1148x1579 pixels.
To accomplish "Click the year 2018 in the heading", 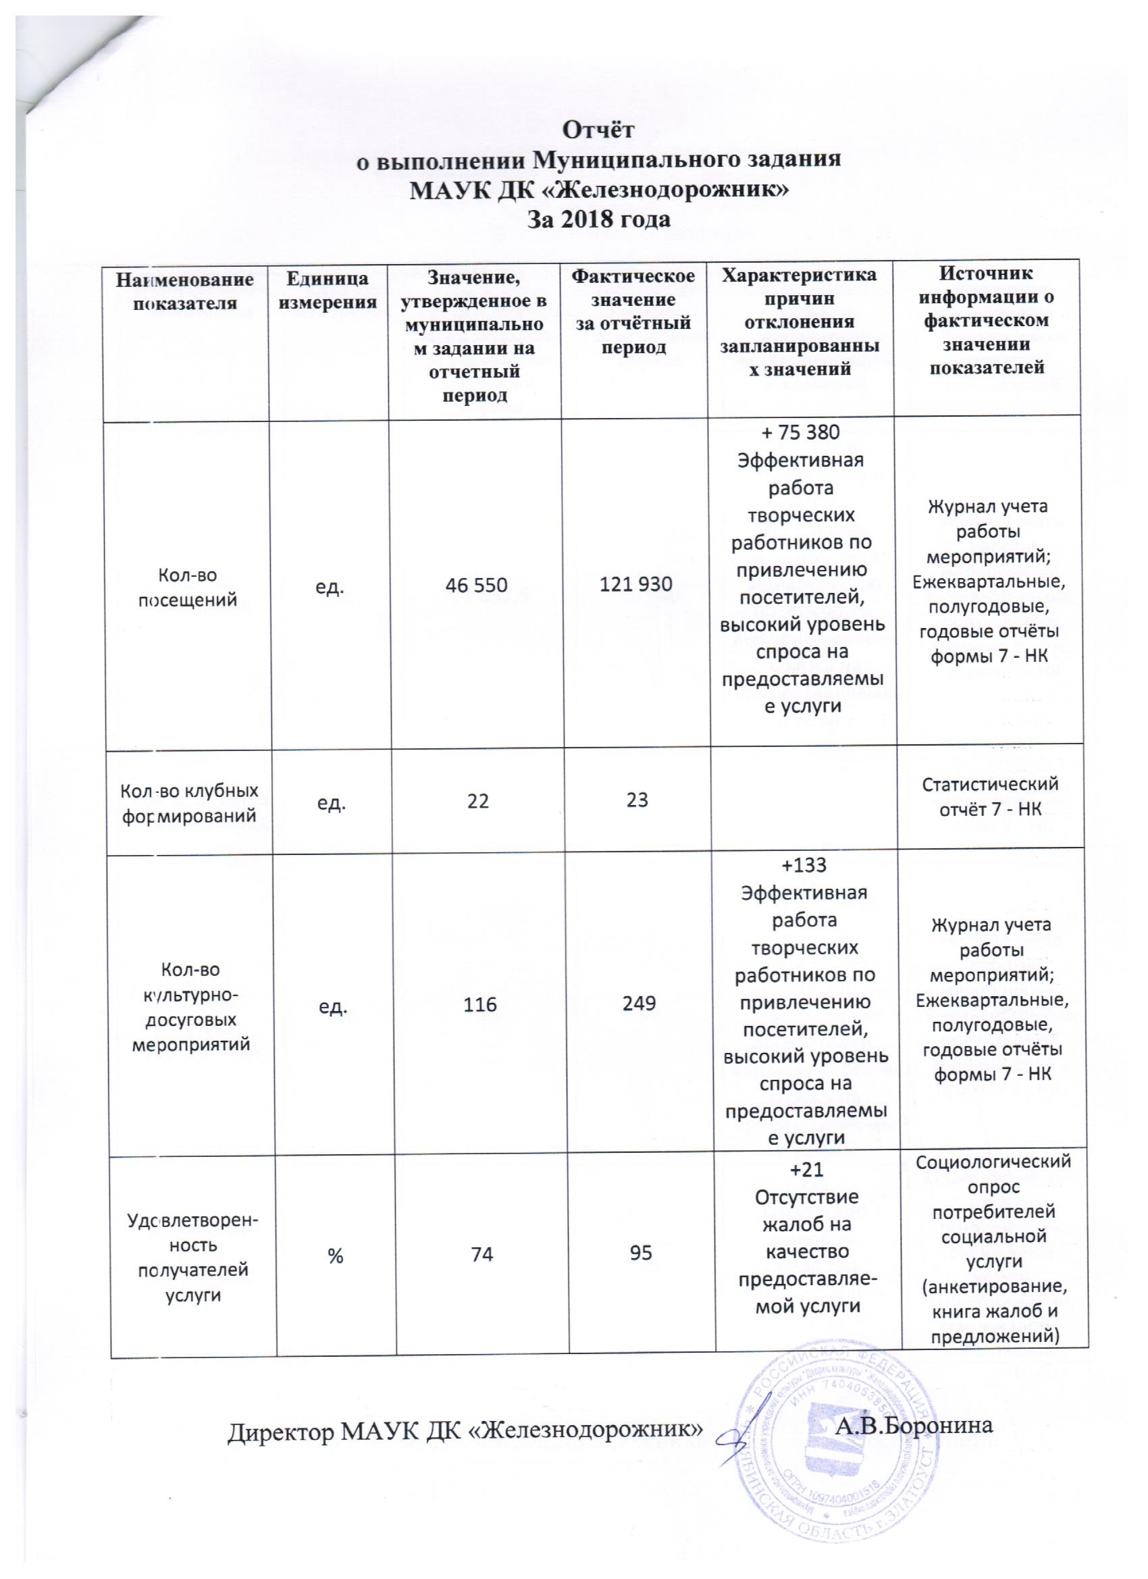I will click(604, 220).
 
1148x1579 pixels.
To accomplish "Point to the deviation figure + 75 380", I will click(802, 432).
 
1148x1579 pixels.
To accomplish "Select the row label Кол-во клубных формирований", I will click(190, 803).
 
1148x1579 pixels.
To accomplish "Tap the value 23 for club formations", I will click(636, 800).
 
